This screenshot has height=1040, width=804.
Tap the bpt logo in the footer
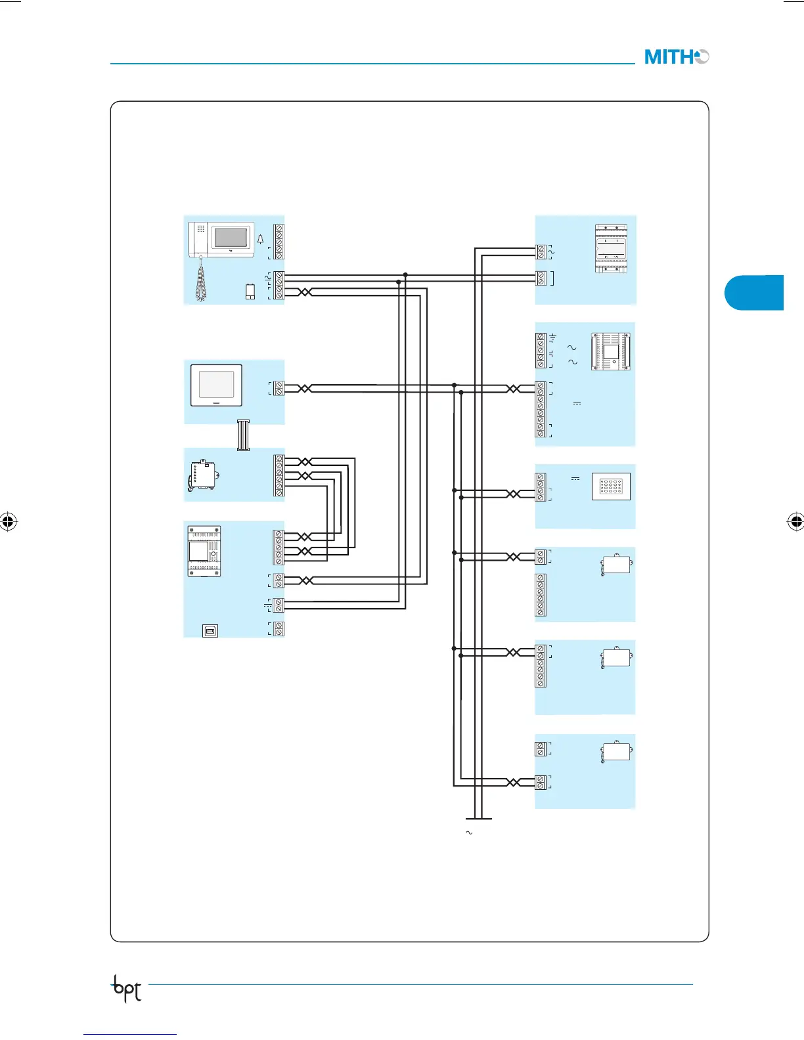[x=127, y=988]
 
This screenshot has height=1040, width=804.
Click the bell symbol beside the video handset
[x=260, y=240]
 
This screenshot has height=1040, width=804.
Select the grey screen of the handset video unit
[x=231, y=237]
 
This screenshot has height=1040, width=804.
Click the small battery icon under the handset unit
[x=250, y=292]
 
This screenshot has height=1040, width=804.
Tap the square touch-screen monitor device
[x=216, y=385]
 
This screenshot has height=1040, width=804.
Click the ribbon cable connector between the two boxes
[x=243, y=435]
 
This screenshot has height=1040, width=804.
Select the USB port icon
[x=210, y=630]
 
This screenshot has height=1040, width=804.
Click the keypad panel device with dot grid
[x=611, y=487]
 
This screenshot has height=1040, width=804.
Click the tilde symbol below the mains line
[x=469, y=833]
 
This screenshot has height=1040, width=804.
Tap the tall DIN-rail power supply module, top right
[x=611, y=248]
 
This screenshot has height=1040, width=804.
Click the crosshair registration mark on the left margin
[x=8, y=522]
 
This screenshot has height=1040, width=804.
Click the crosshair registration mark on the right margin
[x=795, y=522]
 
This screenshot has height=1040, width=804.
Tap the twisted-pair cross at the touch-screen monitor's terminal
[x=305, y=389]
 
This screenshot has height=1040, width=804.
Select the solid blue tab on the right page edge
[x=755, y=293]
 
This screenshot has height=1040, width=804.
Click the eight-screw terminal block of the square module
[x=541, y=409]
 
